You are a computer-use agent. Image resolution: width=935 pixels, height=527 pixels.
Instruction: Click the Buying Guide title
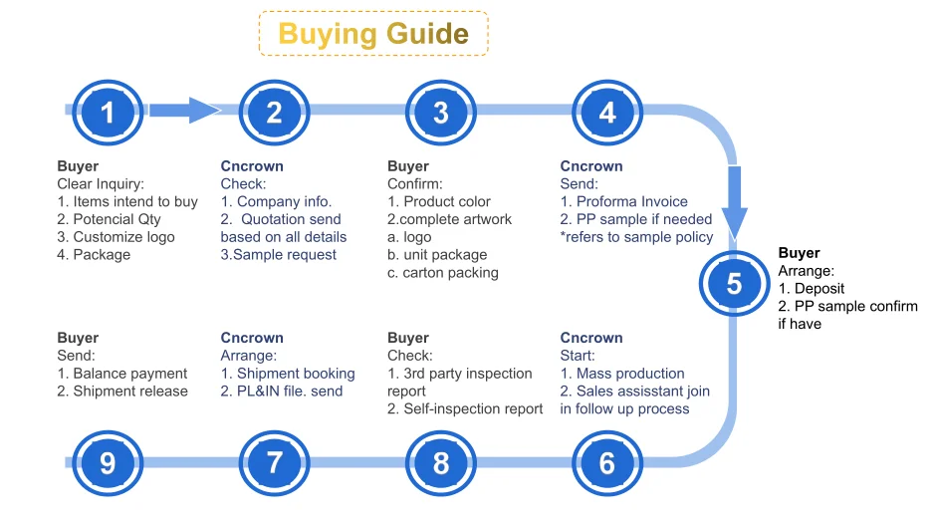[373, 33]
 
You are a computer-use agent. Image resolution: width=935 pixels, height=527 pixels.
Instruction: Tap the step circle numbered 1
[108, 113]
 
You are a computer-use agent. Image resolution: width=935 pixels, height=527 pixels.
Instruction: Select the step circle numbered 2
[274, 113]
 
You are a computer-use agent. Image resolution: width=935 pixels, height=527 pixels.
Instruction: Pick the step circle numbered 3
[440, 113]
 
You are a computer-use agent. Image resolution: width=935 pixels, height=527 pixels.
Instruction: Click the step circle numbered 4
[606, 113]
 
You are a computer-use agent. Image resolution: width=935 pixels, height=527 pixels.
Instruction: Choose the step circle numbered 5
[734, 284]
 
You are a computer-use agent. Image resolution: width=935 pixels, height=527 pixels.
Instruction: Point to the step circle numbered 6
[606, 462]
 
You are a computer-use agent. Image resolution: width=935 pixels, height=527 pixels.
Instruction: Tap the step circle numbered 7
[274, 462]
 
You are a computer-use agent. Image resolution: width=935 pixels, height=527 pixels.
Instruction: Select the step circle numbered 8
[440, 462]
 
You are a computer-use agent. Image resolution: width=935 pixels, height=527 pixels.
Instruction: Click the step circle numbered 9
[108, 462]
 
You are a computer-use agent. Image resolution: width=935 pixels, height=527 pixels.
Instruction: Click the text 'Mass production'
[630, 373]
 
